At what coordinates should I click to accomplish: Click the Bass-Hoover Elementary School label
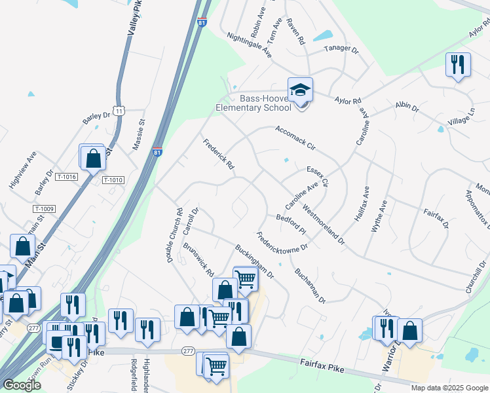point(255,103)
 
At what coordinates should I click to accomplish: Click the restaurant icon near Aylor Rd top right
point(458,65)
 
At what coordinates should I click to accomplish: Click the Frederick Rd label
point(218,155)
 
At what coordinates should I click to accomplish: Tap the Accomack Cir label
point(295,138)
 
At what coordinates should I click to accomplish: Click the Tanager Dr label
point(342,49)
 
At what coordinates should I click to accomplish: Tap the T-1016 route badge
point(67,177)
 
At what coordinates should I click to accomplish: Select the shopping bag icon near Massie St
point(93,157)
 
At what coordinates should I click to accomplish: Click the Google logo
point(22,385)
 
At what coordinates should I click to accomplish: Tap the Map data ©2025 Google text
point(449,388)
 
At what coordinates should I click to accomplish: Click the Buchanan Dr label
point(309,286)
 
